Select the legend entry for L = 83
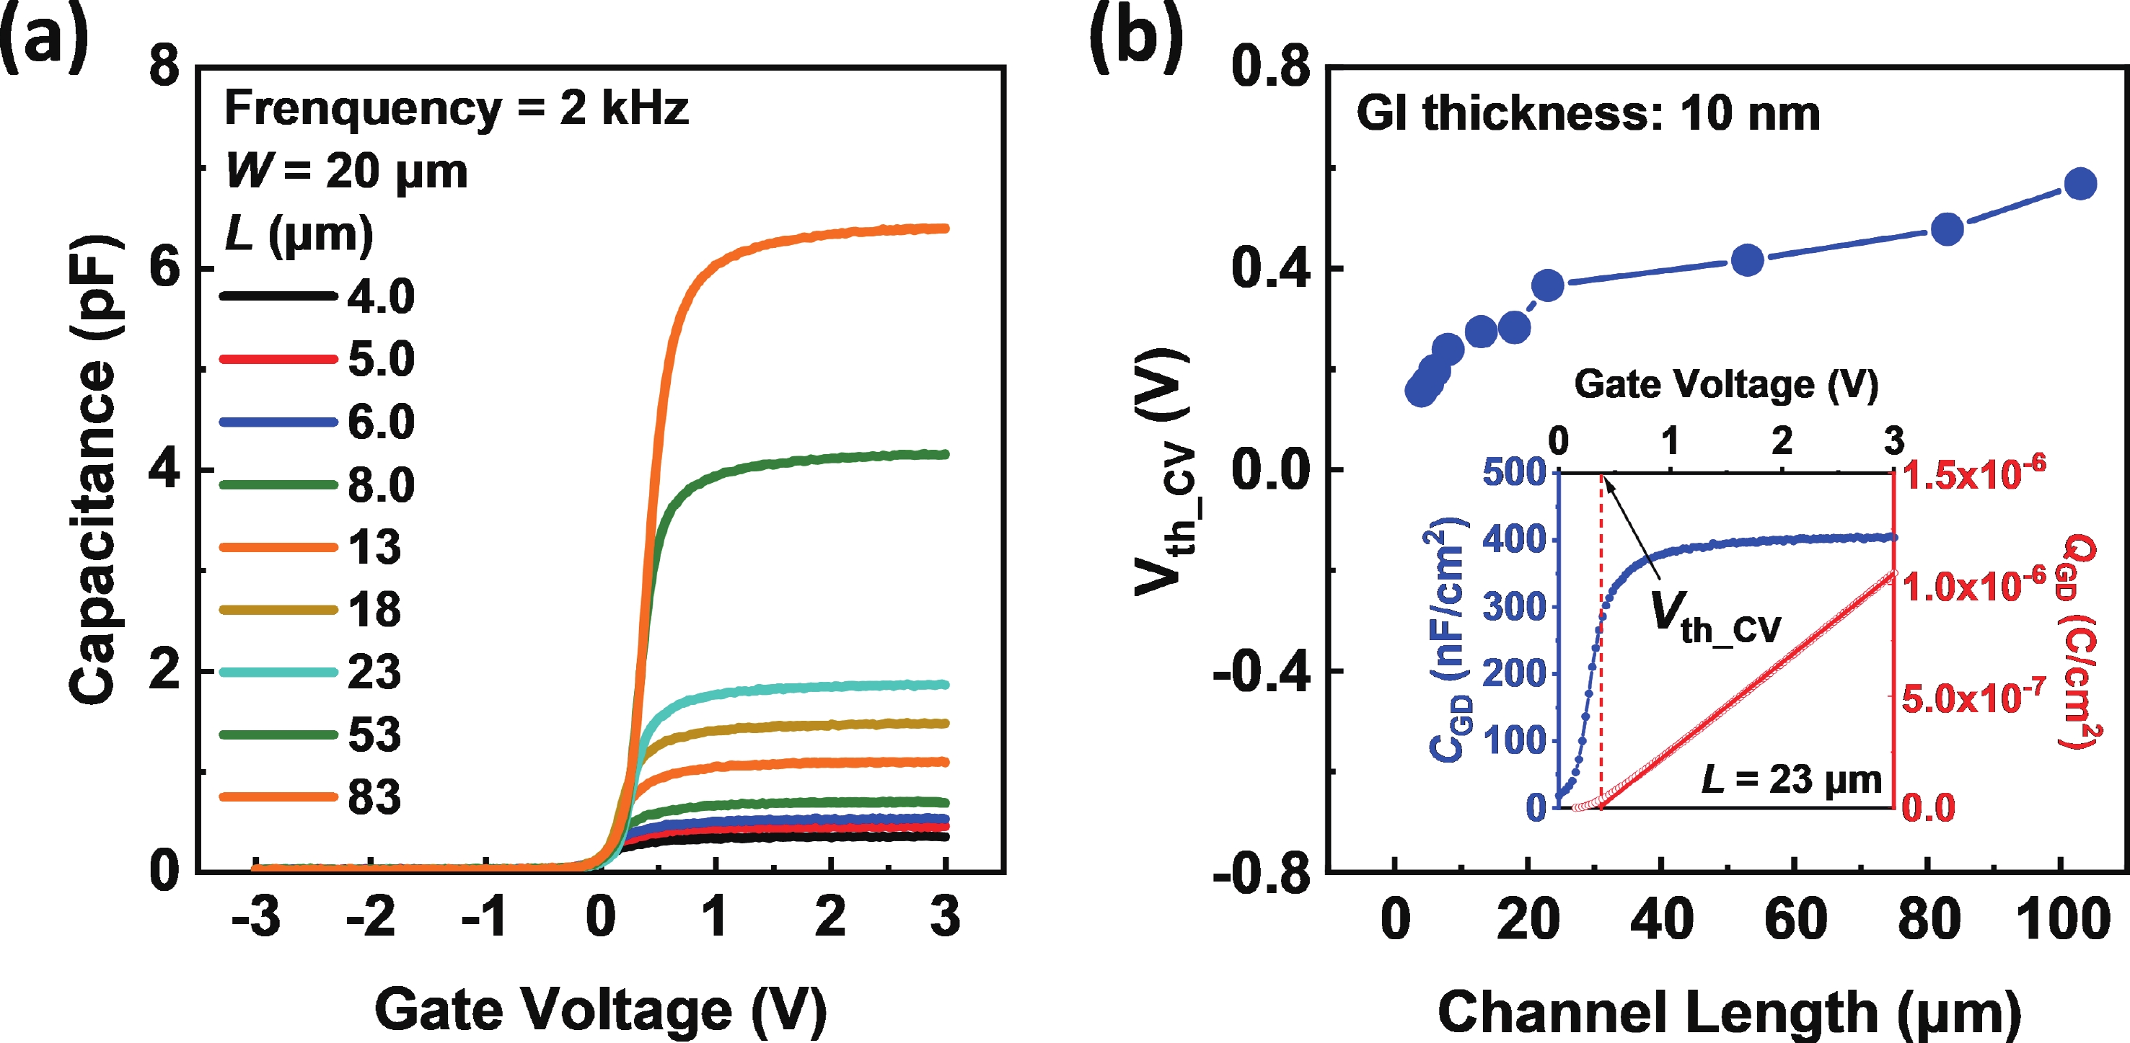[374, 797]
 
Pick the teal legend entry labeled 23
[374, 672]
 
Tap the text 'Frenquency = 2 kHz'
[456, 108]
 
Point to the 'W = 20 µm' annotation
[346, 172]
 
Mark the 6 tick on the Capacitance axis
[164, 269]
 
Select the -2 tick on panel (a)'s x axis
[371, 917]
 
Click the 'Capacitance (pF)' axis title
[92, 469]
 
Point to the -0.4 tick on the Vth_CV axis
[1261, 672]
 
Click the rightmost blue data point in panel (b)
[2080, 184]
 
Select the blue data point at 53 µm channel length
[1747, 260]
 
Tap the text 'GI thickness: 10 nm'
[1588, 113]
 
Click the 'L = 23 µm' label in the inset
[1791, 779]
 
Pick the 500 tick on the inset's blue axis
[1514, 473]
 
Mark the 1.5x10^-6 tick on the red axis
[1973, 474]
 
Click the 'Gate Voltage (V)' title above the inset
[1725, 384]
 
